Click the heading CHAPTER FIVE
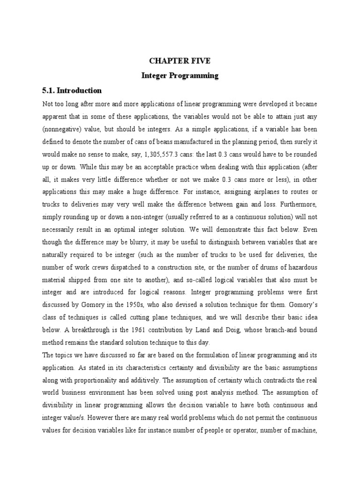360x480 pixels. pyautogui.click(x=180, y=61)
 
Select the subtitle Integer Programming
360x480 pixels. pyautogui.click(x=180, y=75)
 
